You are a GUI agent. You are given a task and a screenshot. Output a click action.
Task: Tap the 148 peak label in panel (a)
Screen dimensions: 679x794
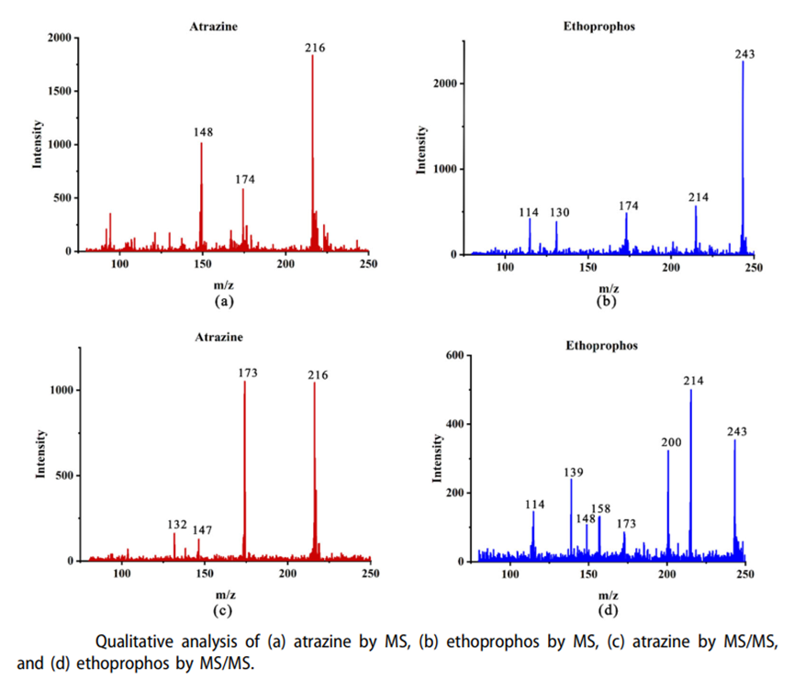pyautogui.click(x=203, y=132)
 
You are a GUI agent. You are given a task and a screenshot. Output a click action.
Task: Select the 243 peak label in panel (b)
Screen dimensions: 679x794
pyautogui.click(x=745, y=54)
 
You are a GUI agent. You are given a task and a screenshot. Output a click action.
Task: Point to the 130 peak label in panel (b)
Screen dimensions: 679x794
pyautogui.click(x=560, y=213)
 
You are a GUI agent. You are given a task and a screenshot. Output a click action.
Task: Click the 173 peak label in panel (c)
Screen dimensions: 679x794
pyautogui.click(x=246, y=373)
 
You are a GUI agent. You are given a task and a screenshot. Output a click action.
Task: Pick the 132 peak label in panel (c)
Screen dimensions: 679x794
pyautogui.click(x=177, y=525)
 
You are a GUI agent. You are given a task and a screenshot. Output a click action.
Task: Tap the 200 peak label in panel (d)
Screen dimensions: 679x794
pyautogui.click(x=670, y=442)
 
